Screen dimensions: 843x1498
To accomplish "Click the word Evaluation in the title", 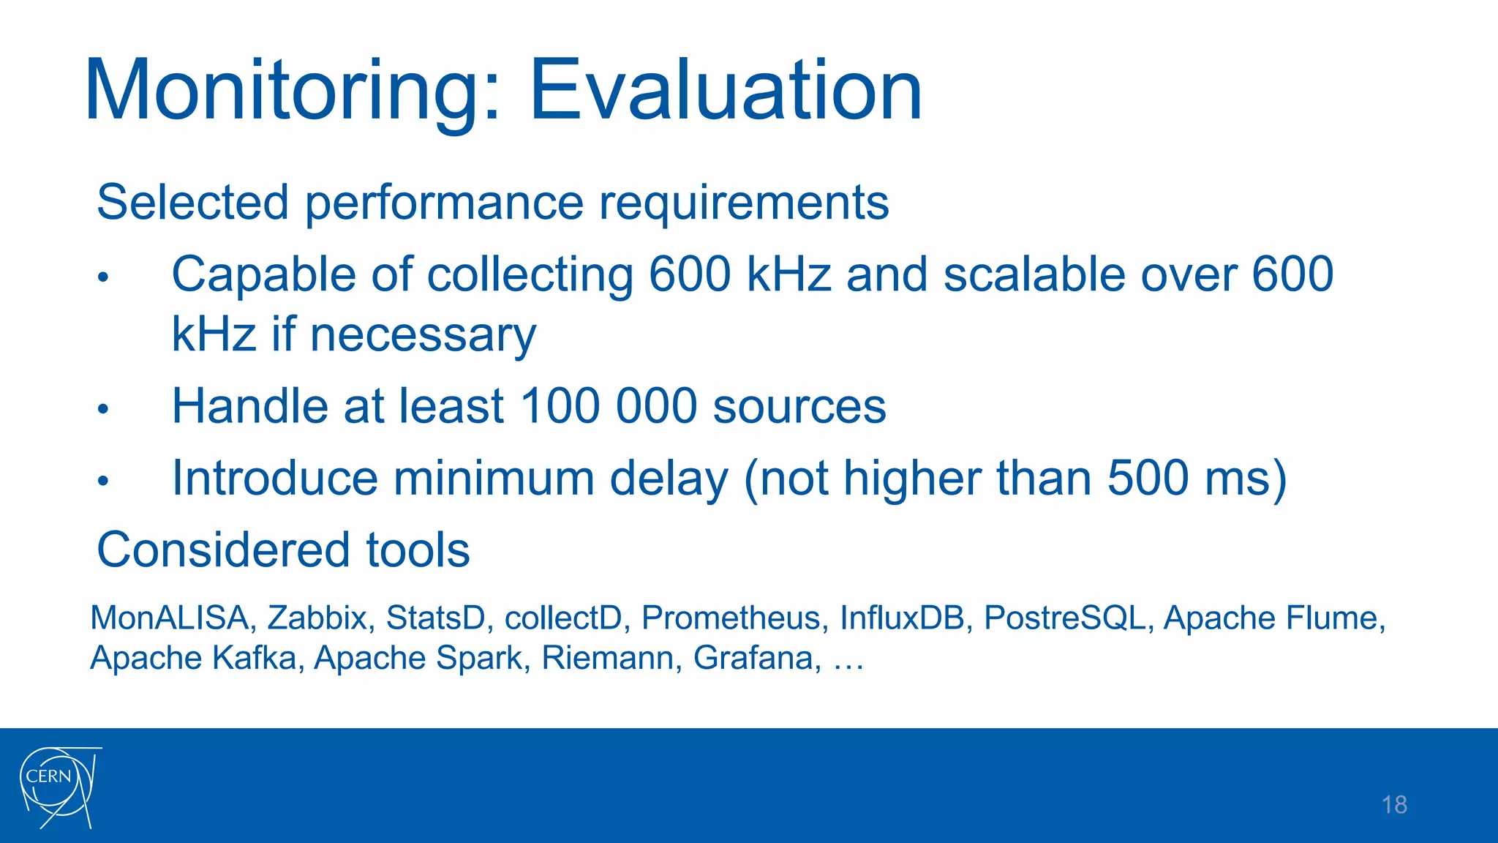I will click(724, 91).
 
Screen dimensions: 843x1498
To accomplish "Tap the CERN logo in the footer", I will click(59, 787).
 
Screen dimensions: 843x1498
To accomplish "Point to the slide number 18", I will click(1394, 805).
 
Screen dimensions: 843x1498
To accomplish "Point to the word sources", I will click(799, 407).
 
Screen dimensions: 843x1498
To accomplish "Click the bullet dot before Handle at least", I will click(103, 409).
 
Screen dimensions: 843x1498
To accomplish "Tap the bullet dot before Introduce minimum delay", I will click(103, 481).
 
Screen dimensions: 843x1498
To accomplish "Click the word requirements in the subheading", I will click(743, 203).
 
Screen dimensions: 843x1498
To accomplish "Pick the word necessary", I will click(423, 335).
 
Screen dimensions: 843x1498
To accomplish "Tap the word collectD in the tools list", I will click(563, 618).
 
